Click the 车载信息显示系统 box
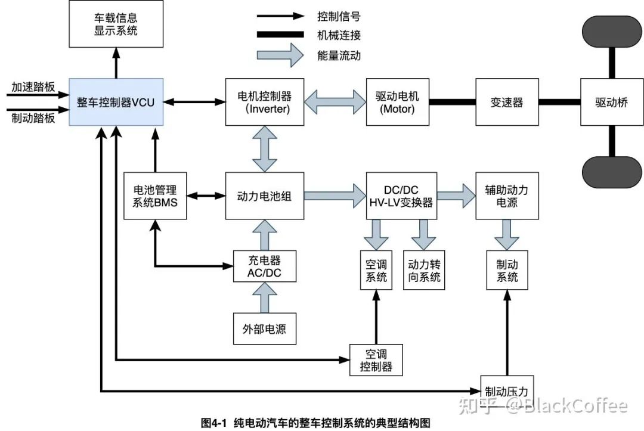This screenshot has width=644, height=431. (116, 24)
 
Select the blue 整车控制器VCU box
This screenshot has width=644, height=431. (116, 102)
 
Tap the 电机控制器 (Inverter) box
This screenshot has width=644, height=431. (265, 102)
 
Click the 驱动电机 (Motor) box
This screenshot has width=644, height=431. (398, 102)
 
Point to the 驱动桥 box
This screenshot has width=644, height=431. (612, 102)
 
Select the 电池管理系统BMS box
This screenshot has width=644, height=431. (155, 196)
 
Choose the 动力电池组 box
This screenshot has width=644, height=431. (265, 196)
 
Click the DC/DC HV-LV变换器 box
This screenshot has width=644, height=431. (401, 196)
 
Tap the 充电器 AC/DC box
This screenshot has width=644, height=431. (264, 266)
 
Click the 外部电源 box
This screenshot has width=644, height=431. (264, 328)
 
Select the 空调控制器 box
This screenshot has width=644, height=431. (376, 359)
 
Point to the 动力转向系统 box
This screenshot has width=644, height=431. (424, 270)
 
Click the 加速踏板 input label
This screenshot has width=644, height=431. (33, 87)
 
